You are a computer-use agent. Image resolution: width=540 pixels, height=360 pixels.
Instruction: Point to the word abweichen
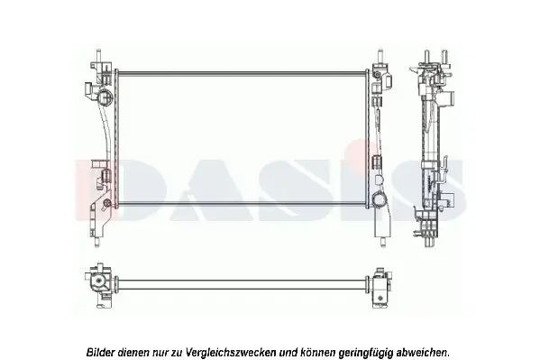423,353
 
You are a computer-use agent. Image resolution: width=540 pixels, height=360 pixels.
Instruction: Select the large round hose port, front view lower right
380,199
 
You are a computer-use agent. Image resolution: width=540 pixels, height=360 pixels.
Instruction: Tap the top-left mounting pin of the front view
98,56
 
